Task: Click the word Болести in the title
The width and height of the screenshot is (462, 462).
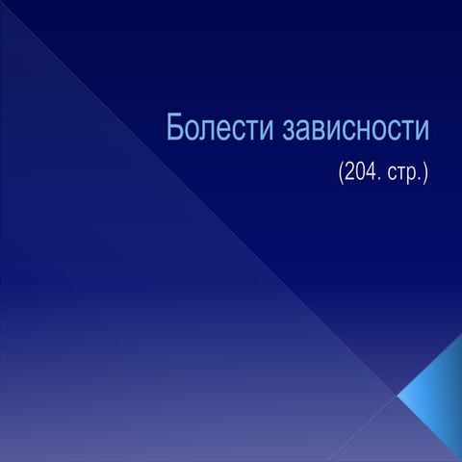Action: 219,127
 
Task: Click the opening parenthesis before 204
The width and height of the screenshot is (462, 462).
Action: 341,174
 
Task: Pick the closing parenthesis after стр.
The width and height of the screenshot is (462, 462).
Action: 425,174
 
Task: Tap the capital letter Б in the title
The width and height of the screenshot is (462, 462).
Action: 174,127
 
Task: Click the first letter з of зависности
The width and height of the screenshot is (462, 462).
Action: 290,131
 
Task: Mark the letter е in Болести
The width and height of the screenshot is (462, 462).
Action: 229,131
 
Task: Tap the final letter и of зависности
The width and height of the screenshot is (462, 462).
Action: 422,131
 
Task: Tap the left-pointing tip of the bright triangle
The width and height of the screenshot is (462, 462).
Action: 398,397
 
